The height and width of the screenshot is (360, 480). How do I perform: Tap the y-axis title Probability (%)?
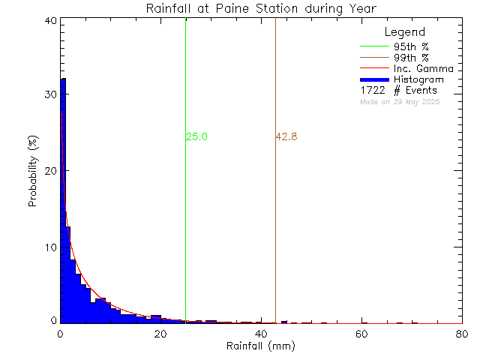click(x=34, y=172)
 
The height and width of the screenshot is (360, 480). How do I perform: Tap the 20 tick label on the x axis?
click(x=160, y=334)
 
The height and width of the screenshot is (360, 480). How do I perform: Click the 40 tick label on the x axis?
click(x=261, y=334)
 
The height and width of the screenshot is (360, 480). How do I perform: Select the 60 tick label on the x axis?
click(x=361, y=334)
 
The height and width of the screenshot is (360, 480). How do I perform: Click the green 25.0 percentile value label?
click(x=196, y=137)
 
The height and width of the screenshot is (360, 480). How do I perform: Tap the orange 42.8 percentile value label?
click(x=286, y=137)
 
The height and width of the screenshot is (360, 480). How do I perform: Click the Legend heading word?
click(x=405, y=32)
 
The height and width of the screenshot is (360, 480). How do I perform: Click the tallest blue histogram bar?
click(x=63, y=202)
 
